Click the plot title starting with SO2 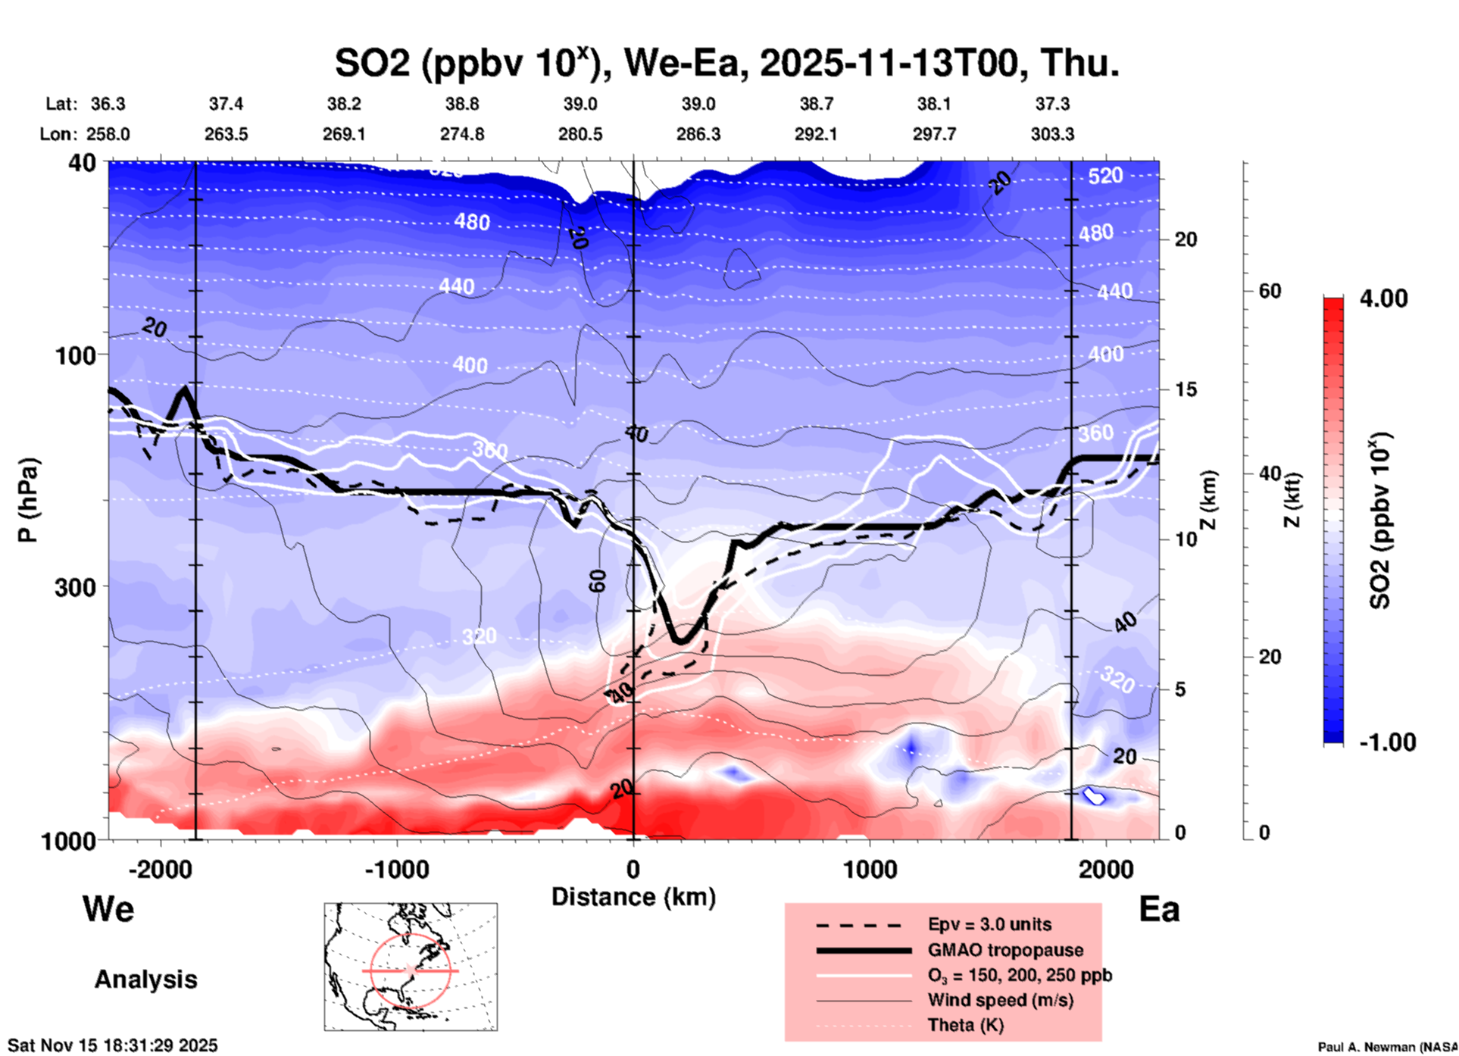(726, 63)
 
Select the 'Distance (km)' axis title (633, 897)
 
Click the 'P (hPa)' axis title (28, 500)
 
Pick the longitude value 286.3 (698, 134)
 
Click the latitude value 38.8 (462, 104)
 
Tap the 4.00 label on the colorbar (1383, 298)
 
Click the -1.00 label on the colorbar (1387, 742)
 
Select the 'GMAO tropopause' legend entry (1005, 950)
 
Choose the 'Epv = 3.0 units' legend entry (989, 924)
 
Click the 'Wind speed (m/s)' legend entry (1000, 1000)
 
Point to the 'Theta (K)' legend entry (965, 1025)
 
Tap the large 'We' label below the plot (108, 908)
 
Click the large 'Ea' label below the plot (1159, 909)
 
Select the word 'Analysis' (145, 979)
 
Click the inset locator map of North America (411, 967)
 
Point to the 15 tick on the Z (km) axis (1186, 389)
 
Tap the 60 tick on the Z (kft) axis (1270, 291)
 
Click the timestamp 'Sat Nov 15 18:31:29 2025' (113, 1045)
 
